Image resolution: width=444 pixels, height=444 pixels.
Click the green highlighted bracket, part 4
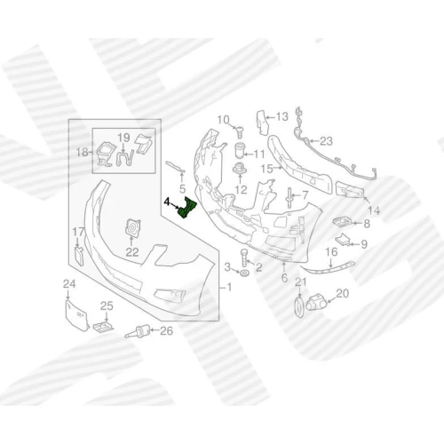(187, 209)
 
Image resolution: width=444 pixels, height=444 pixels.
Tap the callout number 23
(326, 141)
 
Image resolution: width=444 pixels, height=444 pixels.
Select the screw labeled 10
(240, 132)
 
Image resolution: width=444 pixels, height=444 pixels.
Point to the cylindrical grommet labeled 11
(239, 151)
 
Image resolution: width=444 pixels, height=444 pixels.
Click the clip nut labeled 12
(240, 169)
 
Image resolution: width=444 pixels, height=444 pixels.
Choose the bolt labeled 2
(244, 258)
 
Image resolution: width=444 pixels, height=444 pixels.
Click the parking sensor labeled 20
(315, 301)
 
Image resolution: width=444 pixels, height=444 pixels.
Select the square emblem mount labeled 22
(133, 228)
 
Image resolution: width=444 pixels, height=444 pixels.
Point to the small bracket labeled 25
(103, 326)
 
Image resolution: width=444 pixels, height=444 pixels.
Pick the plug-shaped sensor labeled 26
(139, 331)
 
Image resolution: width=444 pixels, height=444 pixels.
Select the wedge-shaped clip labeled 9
(343, 240)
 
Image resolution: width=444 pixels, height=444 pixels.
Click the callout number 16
(331, 252)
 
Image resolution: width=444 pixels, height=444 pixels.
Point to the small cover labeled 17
(78, 257)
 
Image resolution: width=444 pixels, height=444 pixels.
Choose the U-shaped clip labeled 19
(125, 159)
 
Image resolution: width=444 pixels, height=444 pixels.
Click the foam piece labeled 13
(262, 122)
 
